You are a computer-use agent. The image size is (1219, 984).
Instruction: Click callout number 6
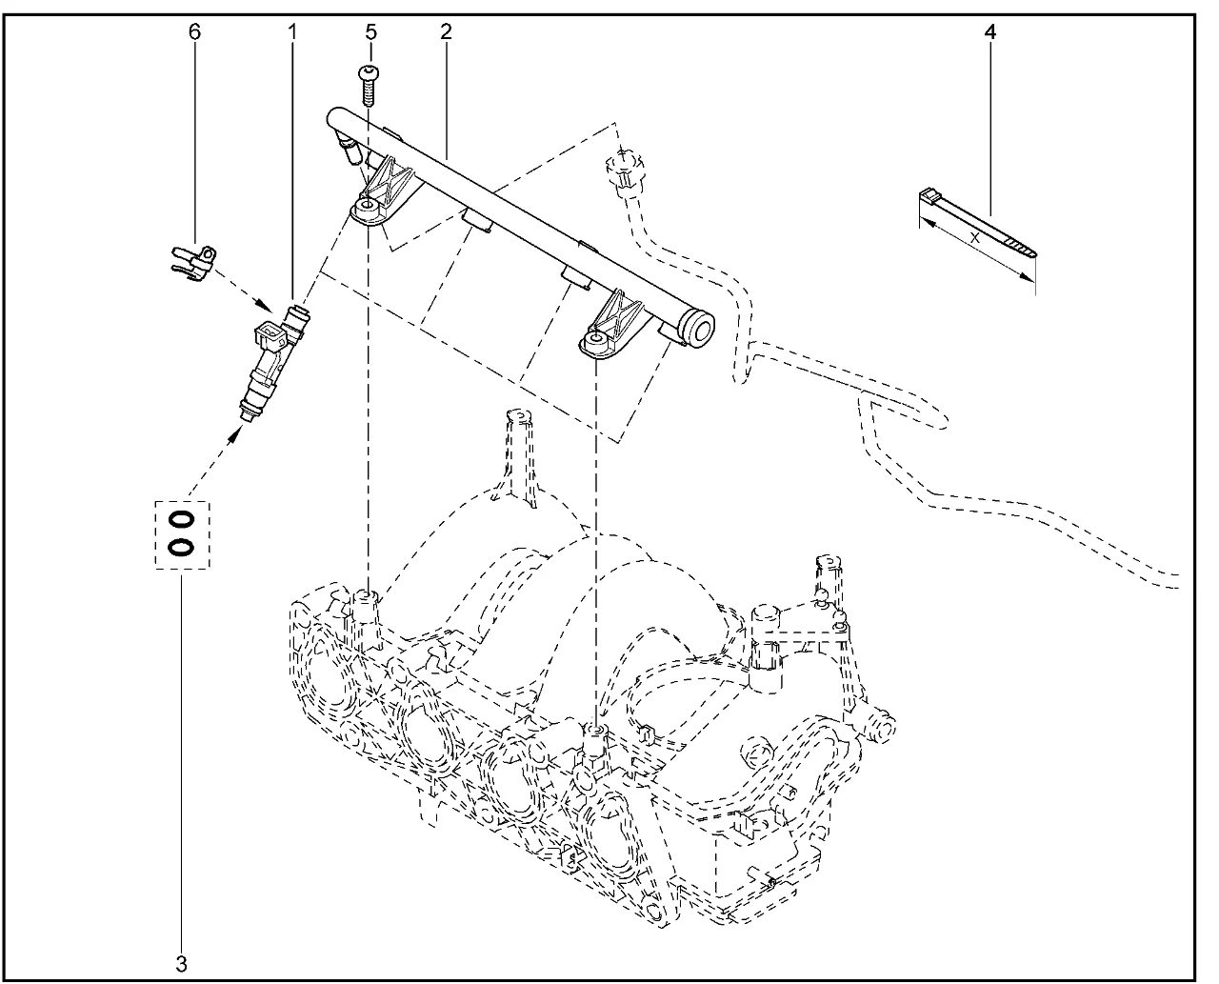click(195, 31)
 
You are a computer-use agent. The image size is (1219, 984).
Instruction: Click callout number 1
click(293, 31)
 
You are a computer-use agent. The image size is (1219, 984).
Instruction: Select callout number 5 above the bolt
click(370, 31)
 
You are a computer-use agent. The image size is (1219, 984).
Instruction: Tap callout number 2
click(446, 31)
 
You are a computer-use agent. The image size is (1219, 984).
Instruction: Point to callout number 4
click(990, 31)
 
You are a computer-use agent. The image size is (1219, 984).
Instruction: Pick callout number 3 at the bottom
click(182, 963)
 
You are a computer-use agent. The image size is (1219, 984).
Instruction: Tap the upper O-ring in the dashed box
click(182, 519)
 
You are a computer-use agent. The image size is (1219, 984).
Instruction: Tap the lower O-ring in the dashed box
click(182, 547)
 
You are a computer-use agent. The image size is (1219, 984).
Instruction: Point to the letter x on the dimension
click(974, 239)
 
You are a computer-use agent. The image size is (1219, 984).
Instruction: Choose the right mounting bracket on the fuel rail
click(609, 324)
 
